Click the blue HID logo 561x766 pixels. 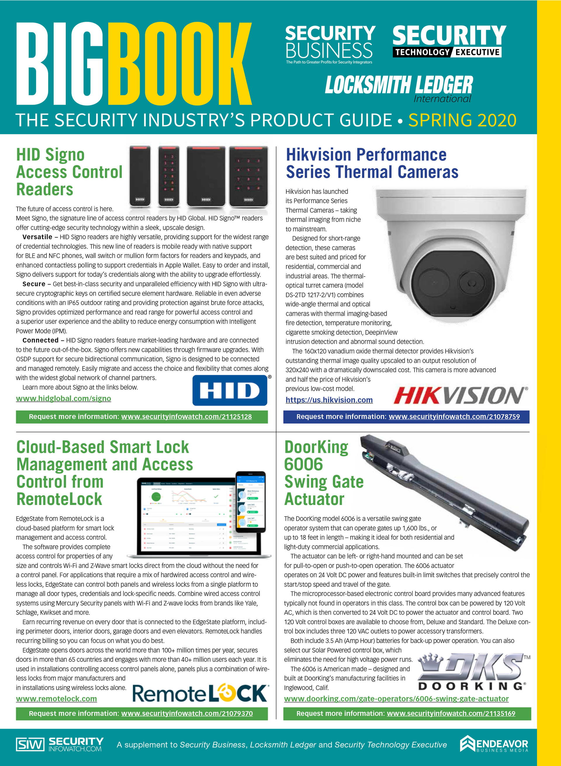point(230,390)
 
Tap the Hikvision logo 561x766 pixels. point(460,396)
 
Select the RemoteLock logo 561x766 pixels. point(200,693)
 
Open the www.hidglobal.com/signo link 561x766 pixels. point(63,398)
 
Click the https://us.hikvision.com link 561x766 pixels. point(329,400)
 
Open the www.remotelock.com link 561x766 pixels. point(56,699)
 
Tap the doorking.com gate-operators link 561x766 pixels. point(396,699)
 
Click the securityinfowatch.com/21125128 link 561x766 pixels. point(186,417)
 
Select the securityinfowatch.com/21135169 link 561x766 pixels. point(451,714)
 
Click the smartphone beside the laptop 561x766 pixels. point(251,502)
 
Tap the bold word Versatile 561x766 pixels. point(37,237)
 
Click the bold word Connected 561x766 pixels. point(40,340)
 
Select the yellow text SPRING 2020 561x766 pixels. point(462,120)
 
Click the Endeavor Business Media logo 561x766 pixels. point(494,745)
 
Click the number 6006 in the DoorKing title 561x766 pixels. point(303,464)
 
